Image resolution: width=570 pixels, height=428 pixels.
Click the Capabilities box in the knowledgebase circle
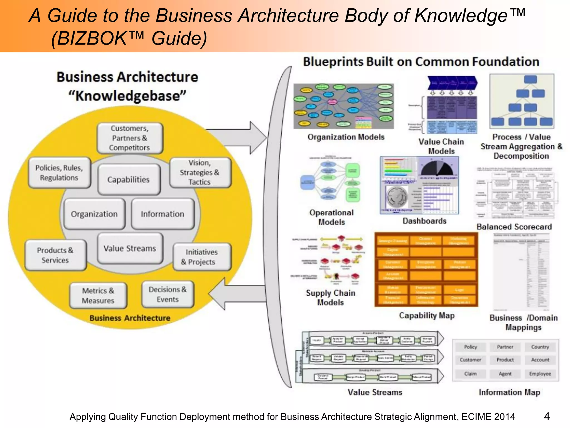(129, 179)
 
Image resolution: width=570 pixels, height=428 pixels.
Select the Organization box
(94, 214)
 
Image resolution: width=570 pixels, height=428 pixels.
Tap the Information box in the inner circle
(163, 214)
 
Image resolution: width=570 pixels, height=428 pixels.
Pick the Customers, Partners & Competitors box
(130, 138)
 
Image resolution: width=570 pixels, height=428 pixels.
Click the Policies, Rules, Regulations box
(59, 173)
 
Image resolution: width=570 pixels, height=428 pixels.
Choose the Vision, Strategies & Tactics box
(200, 172)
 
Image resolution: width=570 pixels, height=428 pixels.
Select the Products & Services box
(55, 255)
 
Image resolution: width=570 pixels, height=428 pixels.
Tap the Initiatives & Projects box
(202, 257)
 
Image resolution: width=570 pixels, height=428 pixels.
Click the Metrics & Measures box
(98, 296)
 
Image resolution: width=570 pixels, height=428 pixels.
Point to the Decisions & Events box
(168, 295)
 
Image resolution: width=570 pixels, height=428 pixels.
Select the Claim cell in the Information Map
(470, 374)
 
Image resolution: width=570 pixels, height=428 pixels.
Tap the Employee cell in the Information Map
(540, 374)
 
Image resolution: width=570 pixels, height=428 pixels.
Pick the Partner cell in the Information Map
(505, 347)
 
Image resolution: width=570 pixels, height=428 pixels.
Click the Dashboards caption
(424, 221)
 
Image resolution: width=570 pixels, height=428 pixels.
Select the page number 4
(547, 417)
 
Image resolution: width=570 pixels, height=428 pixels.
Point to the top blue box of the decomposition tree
(530, 79)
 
